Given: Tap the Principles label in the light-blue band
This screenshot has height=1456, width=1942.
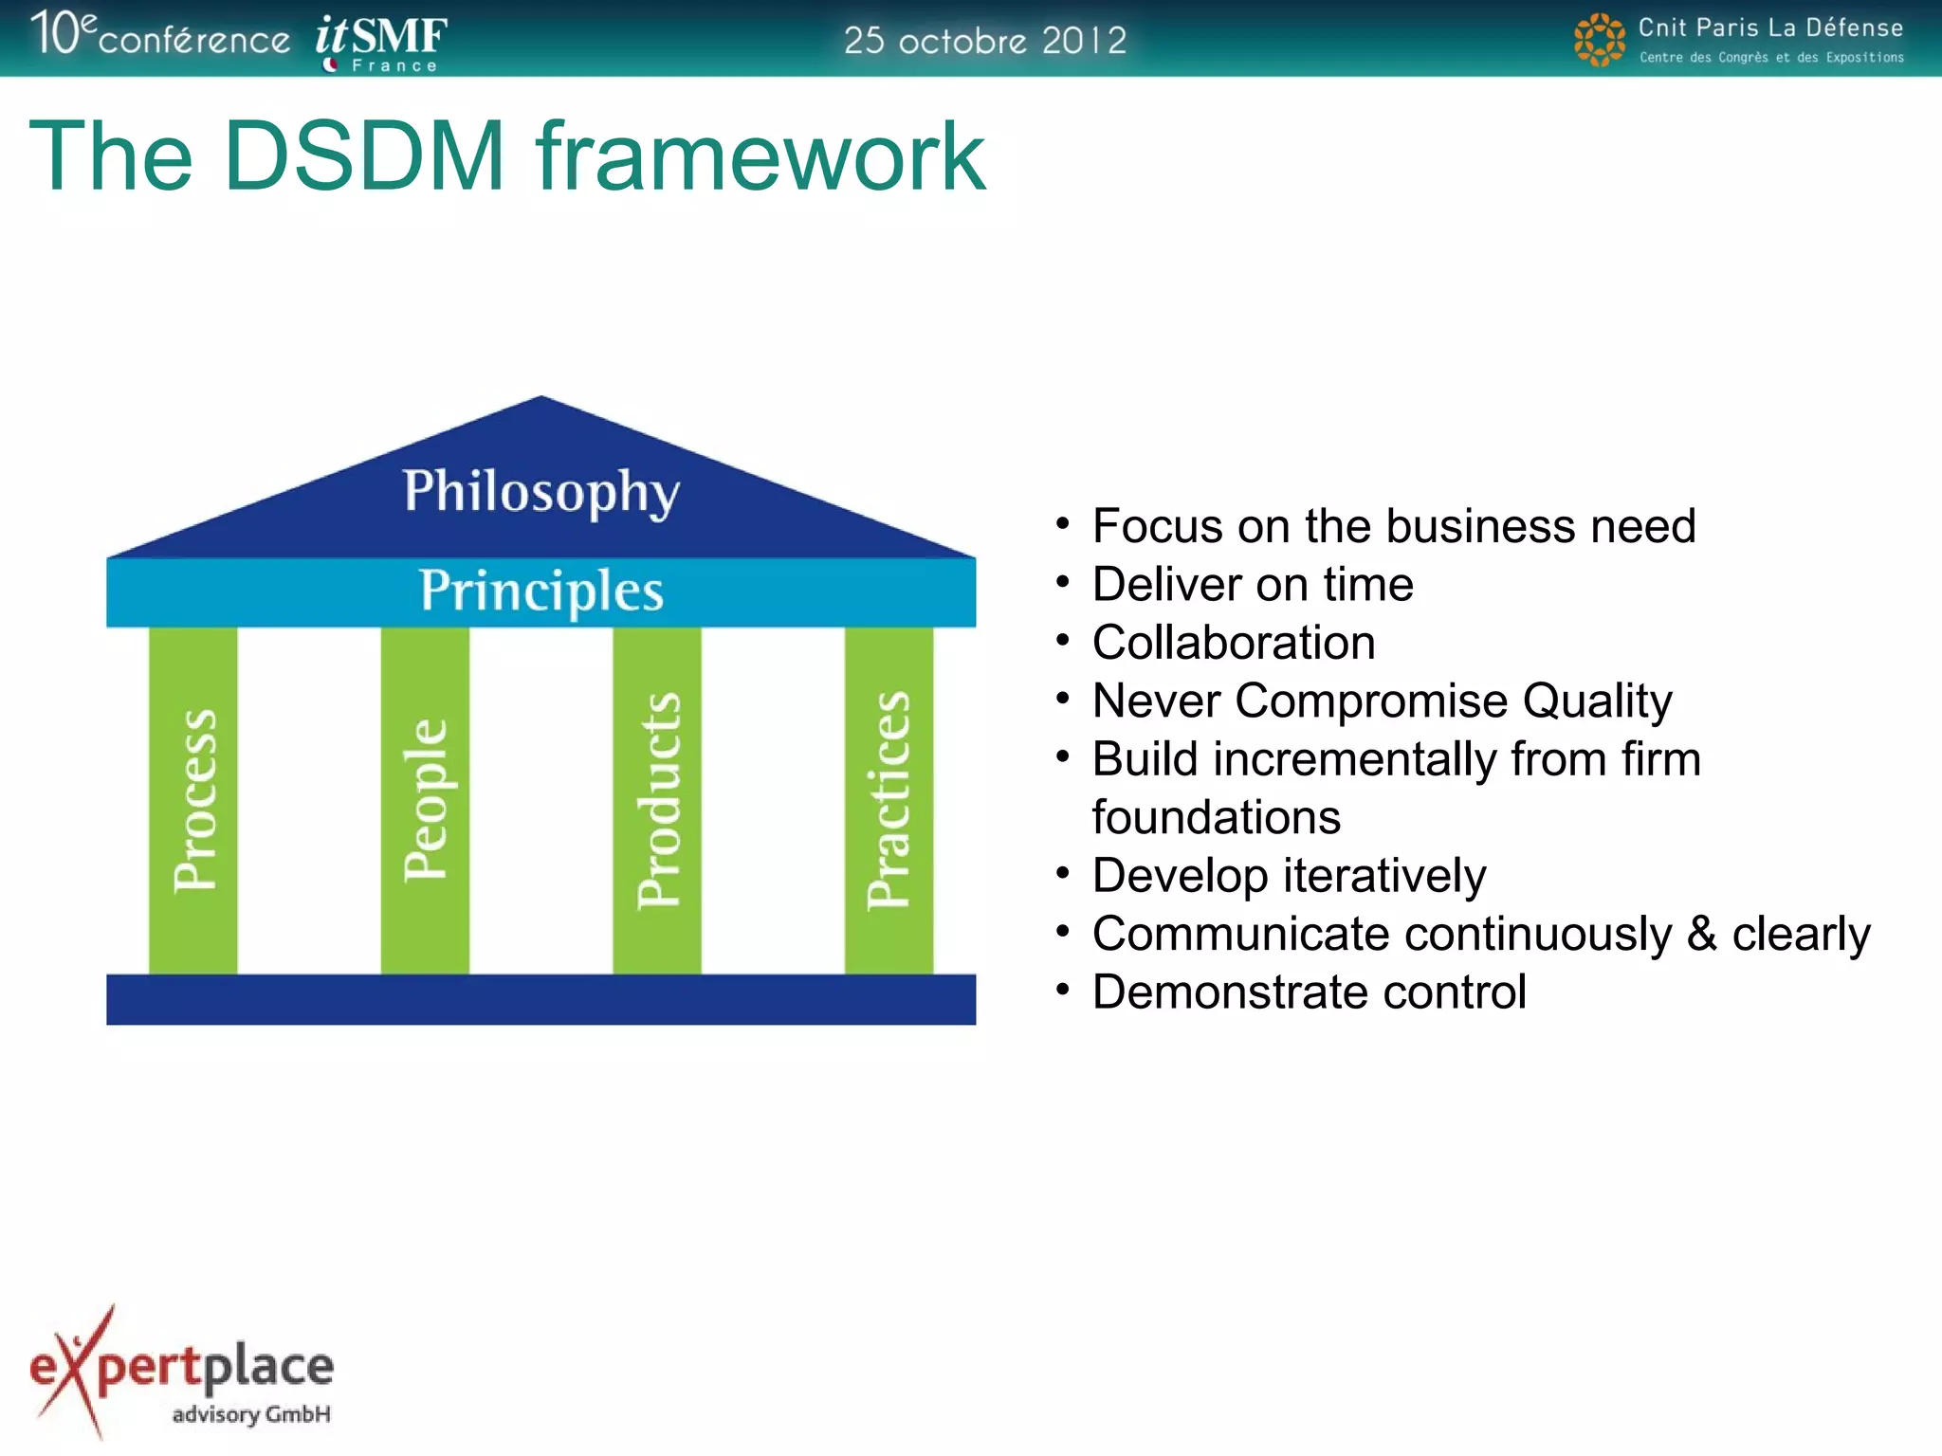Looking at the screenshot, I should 540,591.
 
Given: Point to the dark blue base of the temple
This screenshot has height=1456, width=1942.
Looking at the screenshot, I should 540,999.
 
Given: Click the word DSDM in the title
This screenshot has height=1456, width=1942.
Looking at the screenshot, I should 364,156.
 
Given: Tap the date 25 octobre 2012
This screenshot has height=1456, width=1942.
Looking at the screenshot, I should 984,41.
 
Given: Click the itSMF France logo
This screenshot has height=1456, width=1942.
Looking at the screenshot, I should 381,43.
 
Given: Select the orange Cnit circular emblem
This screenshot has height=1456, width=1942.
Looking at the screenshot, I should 1599,40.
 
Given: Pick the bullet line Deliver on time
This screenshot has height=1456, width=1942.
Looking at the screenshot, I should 1252,584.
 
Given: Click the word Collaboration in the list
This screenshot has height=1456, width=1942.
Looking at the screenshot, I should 1233,643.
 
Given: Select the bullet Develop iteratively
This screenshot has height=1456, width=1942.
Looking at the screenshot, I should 1289,875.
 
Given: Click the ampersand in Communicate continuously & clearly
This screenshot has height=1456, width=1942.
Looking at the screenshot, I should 1702,934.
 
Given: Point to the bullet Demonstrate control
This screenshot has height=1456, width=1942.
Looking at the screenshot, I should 1309,992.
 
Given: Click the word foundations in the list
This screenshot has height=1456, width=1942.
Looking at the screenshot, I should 1216,817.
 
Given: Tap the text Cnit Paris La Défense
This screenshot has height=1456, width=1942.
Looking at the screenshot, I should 1769,27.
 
